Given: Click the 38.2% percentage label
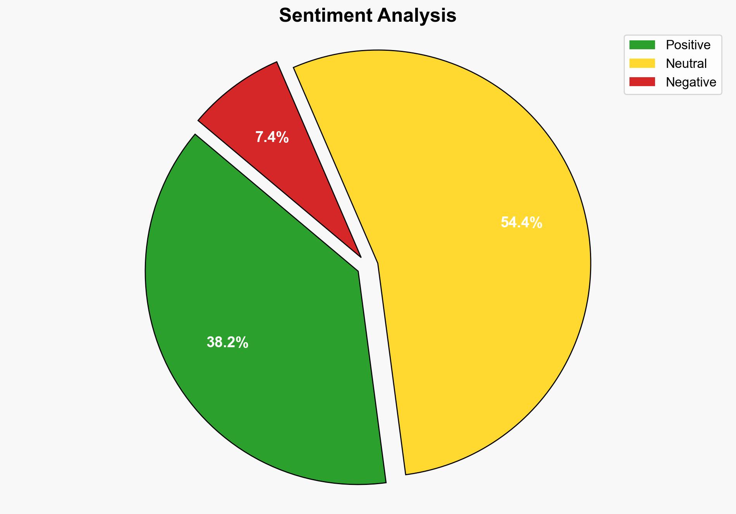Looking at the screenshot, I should tap(227, 343).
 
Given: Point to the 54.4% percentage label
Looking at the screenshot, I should tap(521, 223).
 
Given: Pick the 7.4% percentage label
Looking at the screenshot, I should tap(272, 137).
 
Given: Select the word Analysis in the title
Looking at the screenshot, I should tap(417, 16).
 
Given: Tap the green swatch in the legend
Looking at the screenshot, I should tap(642, 45).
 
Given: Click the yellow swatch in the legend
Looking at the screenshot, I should tap(642, 63).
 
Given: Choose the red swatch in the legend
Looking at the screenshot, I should tap(642, 82).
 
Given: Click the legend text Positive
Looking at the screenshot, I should tap(688, 45).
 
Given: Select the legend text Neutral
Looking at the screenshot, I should tap(686, 64).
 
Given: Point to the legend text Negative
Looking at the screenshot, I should tap(691, 82).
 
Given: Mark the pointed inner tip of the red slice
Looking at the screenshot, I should tap(360, 256).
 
